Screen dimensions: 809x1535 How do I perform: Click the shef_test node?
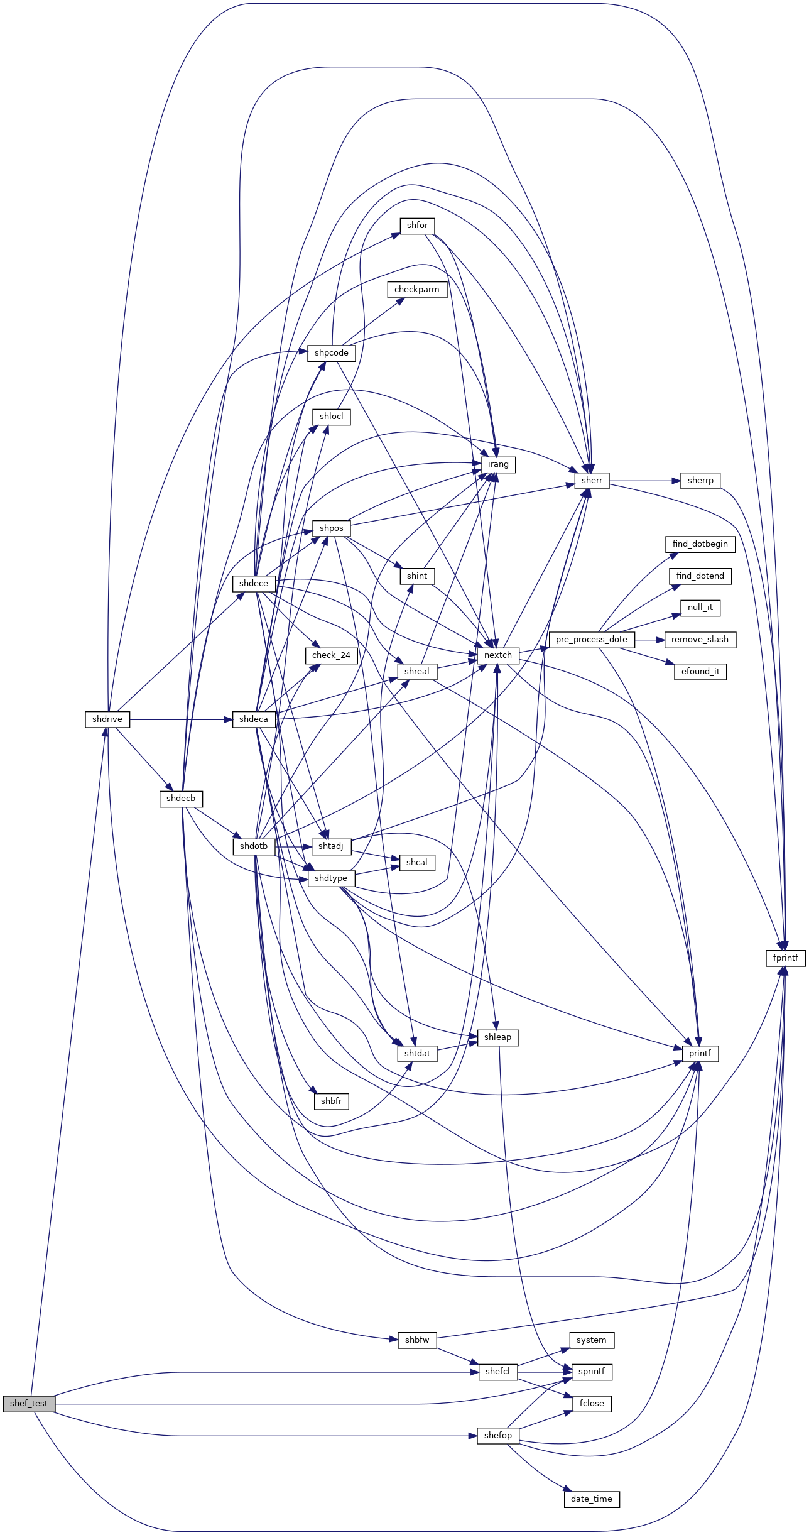click(29, 1404)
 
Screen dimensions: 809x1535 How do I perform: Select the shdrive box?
click(107, 719)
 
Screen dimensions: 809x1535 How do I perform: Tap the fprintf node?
click(786, 958)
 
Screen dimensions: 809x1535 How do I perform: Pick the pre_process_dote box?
click(592, 640)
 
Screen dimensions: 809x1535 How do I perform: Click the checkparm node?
click(417, 290)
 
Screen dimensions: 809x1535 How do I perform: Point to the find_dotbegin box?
click(700, 544)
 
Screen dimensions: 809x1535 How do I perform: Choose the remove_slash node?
click(700, 640)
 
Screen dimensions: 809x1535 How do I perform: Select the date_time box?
click(592, 1499)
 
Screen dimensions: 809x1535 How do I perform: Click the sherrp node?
click(700, 481)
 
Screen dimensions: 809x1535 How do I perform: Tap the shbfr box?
click(331, 1101)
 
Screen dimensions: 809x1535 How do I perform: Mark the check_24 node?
click(331, 655)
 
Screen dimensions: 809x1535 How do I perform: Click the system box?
click(592, 1340)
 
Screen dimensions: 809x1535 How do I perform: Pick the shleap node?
click(498, 1037)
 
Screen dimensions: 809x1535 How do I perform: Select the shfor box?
click(417, 226)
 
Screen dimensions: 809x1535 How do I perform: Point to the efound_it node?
click(700, 672)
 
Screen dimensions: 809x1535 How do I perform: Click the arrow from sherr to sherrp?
click(645, 481)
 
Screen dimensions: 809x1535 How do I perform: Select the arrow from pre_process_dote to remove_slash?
click(649, 640)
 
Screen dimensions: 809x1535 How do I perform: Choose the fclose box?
click(592, 1404)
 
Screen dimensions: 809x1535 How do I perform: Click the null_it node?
click(700, 608)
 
